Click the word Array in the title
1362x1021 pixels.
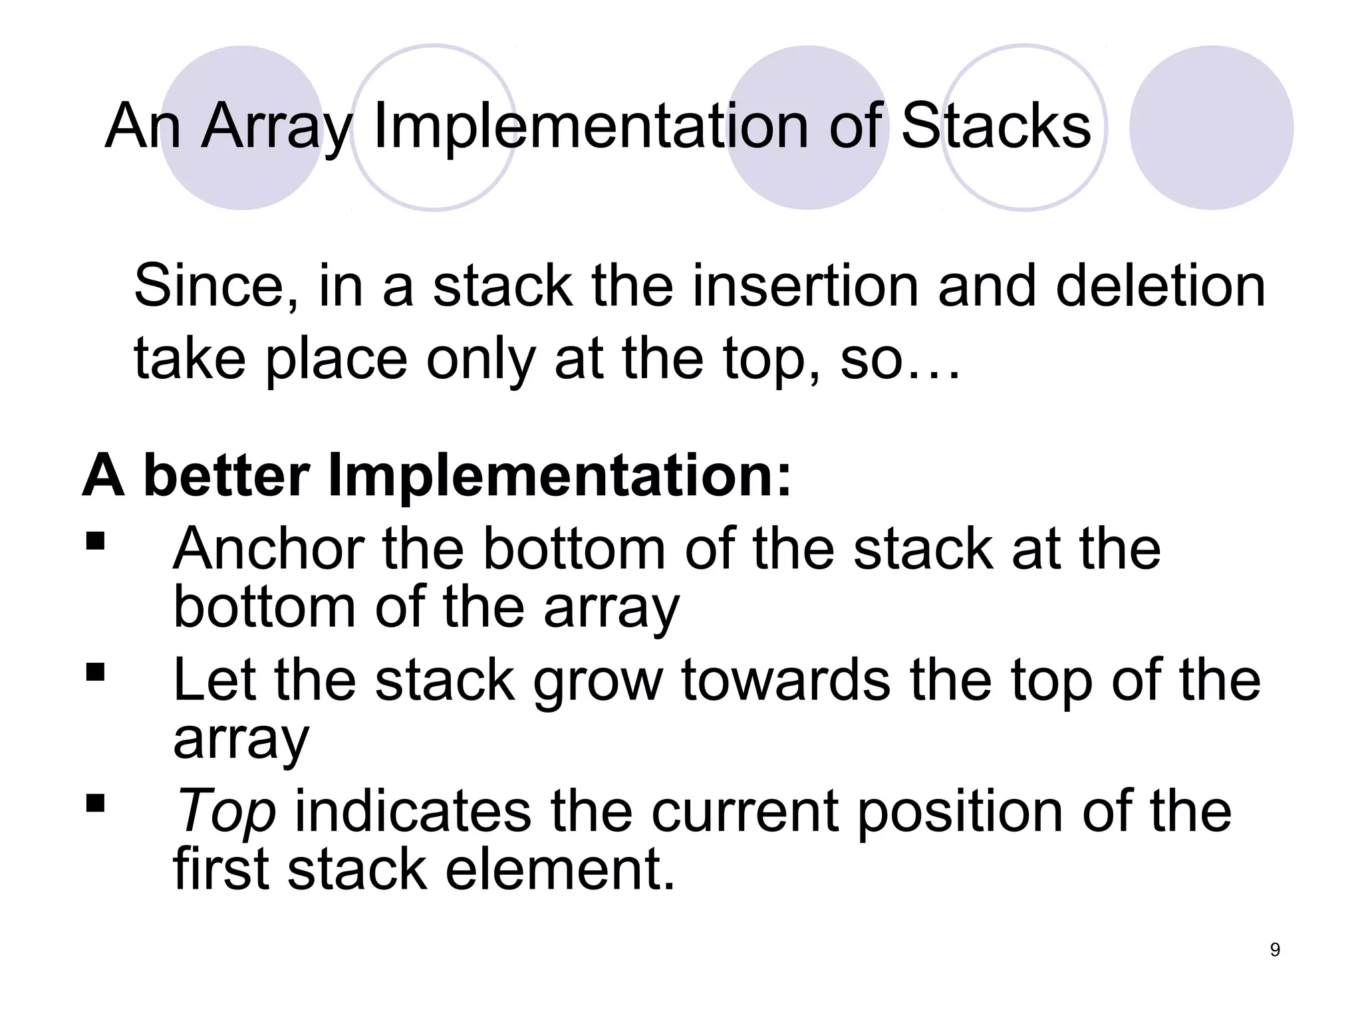(276, 128)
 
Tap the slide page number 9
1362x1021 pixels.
(1275, 950)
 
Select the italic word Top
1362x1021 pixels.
(224, 812)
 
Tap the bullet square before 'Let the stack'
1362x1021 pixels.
(96, 673)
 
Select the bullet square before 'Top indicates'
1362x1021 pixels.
(96, 804)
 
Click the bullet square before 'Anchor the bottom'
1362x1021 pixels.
(96, 541)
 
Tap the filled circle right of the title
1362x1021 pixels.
(1211, 128)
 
